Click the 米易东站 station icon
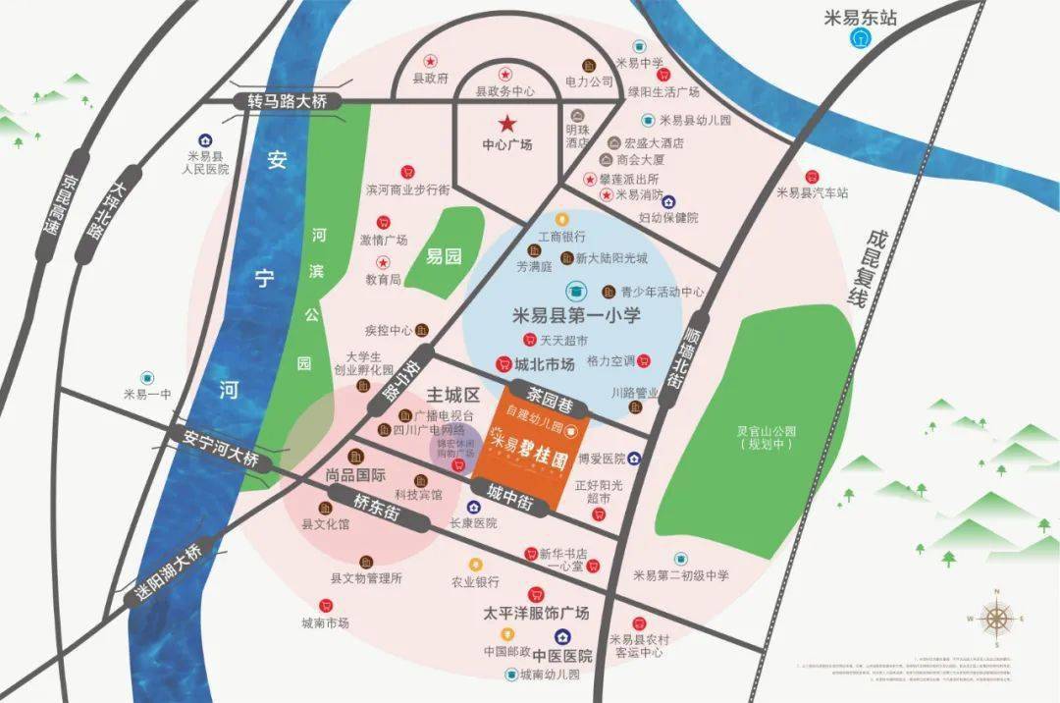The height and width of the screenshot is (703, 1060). (x=861, y=38)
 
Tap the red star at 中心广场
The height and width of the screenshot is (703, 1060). (x=507, y=124)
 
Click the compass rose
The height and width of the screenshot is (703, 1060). (x=996, y=618)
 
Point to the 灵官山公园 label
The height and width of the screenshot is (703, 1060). (x=768, y=437)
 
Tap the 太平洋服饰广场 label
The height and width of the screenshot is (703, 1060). (x=536, y=613)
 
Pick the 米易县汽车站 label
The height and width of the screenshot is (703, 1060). (x=812, y=192)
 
